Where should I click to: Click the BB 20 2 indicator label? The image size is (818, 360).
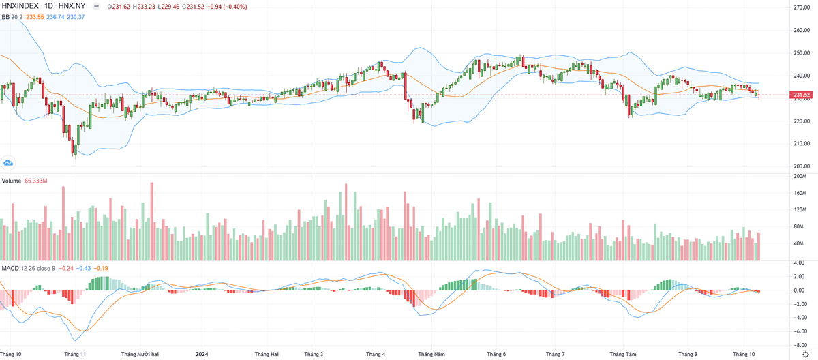click(x=12, y=16)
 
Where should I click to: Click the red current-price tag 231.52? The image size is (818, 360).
click(x=801, y=95)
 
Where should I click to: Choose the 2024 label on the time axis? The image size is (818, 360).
click(x=202, y=355)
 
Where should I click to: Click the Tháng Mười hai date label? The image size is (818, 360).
click(x=140, y=355)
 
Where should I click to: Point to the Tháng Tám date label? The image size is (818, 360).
click(x=622, y=355)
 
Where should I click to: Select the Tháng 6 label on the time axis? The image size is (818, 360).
click(x=496, y=355)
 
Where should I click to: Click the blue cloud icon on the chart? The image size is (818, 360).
click(x=9, y=163)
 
